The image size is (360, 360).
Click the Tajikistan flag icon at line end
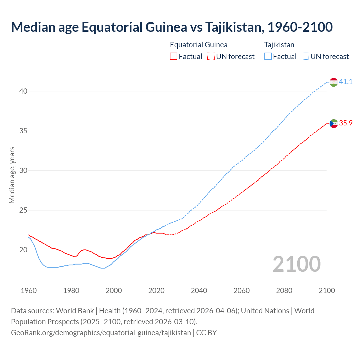coord(334,82)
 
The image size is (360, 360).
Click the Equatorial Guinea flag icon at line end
coord(334,123)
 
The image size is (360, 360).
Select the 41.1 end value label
coord(346,82)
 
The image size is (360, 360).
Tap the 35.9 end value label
coord(346,123)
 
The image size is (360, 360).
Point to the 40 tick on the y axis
coord(23,91)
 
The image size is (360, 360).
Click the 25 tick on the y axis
coord(23,210)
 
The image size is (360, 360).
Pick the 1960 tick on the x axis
coord(29,291)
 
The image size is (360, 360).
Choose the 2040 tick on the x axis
coord(199,291)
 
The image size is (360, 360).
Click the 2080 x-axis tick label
coord(284,291)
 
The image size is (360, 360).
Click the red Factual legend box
coord(174,57)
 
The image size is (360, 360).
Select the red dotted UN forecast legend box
coord(211,57)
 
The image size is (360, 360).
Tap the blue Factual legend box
coord(268,57)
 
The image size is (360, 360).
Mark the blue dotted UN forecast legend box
coord(305,57)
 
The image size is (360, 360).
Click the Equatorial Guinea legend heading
coord(199,45)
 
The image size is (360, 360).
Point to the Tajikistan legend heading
coord(279,45)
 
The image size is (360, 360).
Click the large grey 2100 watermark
coord(296,264)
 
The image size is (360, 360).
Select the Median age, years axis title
coord(12,175)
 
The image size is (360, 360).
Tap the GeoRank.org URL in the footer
coord(101,333)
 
